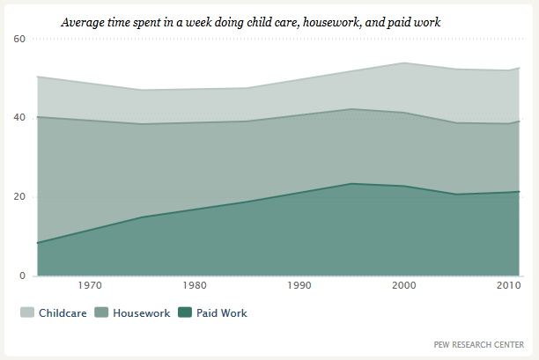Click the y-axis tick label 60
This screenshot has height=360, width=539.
click(19, 39)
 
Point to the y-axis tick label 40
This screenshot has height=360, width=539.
click(19, 117)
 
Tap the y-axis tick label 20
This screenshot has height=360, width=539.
click(19, 196)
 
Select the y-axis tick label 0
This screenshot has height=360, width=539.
click(22, 276)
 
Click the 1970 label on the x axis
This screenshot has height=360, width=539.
click(90, 285)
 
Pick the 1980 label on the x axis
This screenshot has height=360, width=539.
click(195, 285)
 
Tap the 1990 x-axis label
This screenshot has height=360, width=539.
click(299, 285)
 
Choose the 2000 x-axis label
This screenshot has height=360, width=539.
click(404, 285)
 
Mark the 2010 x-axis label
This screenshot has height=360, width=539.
click(509, 285)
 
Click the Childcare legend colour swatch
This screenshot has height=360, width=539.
click(27, 312)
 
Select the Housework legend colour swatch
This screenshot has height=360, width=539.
click(101, 312)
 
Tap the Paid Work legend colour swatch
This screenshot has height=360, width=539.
click(185, 312)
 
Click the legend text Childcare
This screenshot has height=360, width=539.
click(63, 313)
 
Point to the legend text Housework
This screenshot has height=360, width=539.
click(142, 313)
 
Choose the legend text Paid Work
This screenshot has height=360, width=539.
click(222, 313)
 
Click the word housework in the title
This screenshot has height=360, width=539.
click(332, 23)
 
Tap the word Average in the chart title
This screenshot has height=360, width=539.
click(83, 23)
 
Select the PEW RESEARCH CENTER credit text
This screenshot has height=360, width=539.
click(479, 344)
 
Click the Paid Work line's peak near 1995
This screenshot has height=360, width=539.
click(351, 183)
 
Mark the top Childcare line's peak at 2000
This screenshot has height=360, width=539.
click(404, 62)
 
